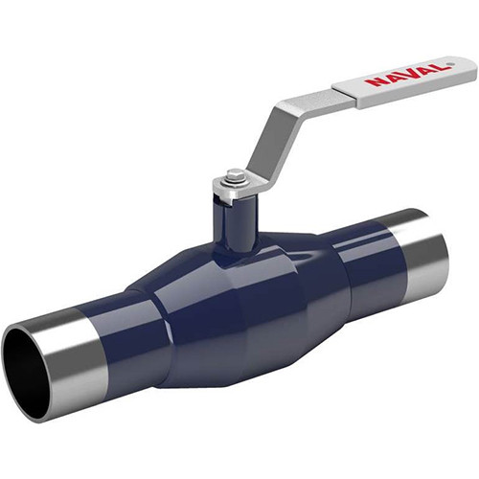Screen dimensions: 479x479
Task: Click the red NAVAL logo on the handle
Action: point(406,75)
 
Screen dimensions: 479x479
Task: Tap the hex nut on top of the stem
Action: point(233,174)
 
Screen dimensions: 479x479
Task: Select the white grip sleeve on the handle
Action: point(404,82)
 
